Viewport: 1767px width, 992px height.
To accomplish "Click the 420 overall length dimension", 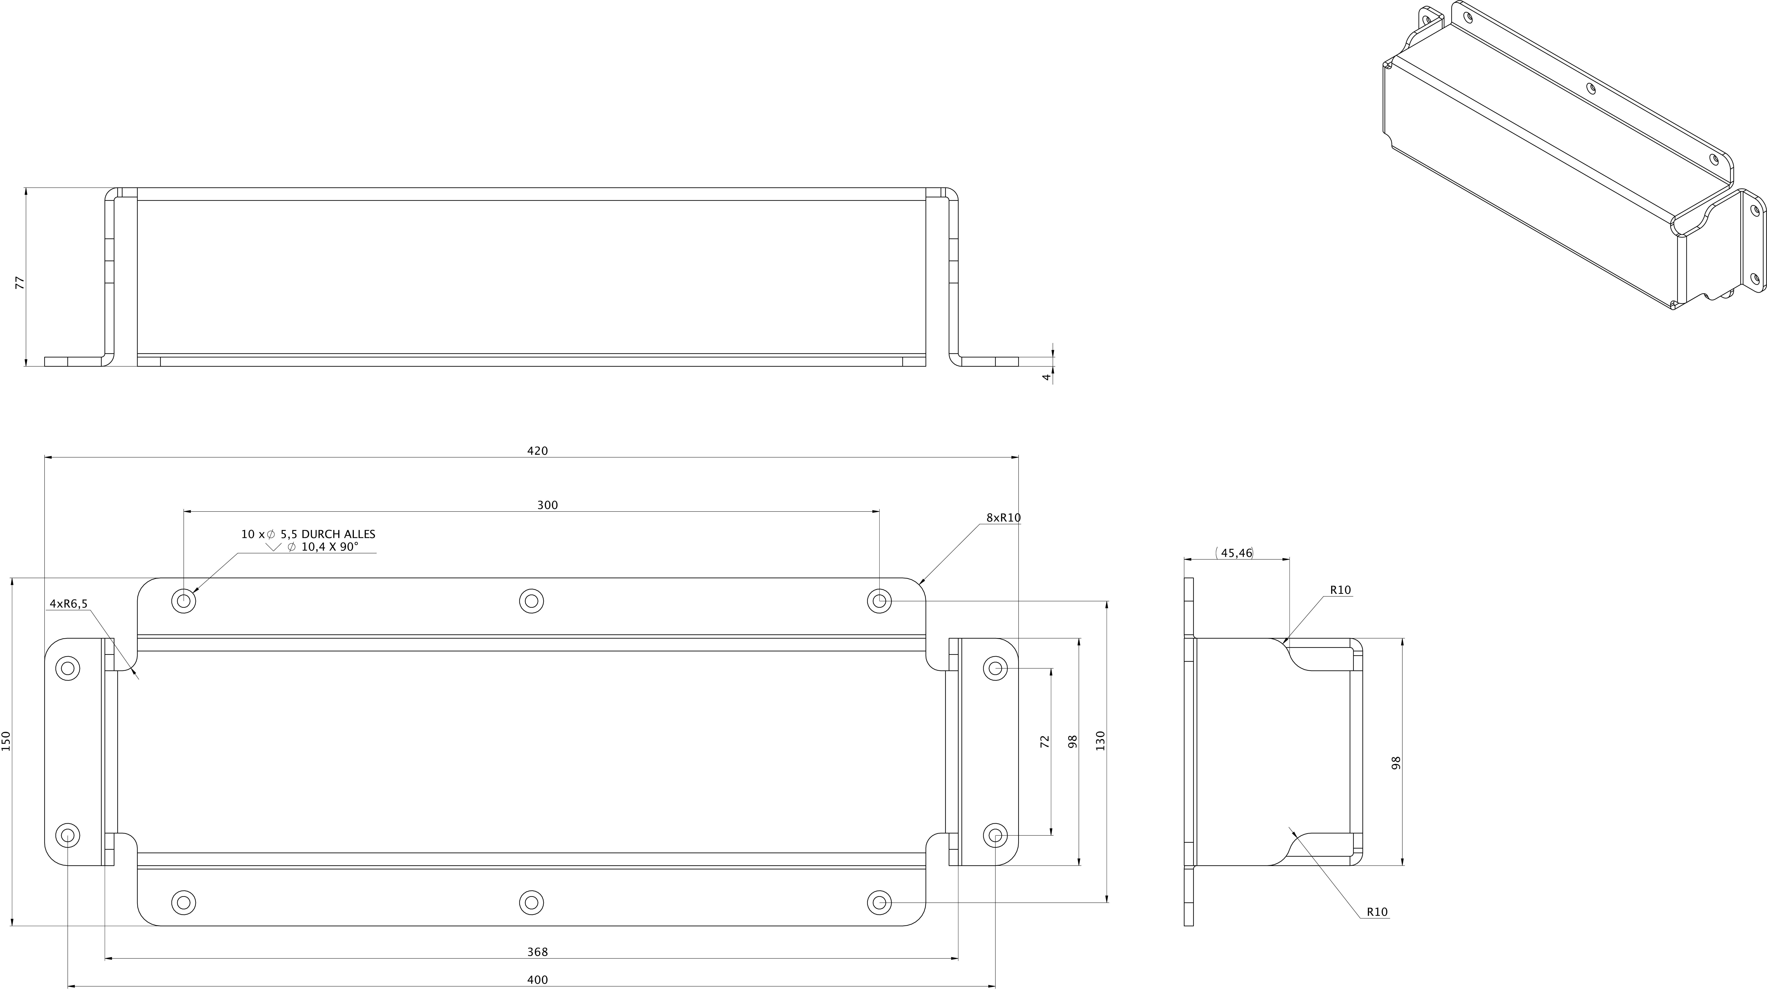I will tap(537, 451).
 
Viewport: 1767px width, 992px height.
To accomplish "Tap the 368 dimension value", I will tap(537, 952).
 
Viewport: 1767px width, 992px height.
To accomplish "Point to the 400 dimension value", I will tap(537, 980).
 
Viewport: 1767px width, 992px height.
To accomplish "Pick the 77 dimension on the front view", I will tap(20, 283).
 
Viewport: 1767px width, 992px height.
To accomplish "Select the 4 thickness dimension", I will tap(1046, 377).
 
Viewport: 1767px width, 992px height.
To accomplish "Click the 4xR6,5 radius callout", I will tap(69, 604).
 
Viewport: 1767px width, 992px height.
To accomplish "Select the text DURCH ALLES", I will tap(338, 534).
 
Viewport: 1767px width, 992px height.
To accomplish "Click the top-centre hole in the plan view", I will tap(532, 601).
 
